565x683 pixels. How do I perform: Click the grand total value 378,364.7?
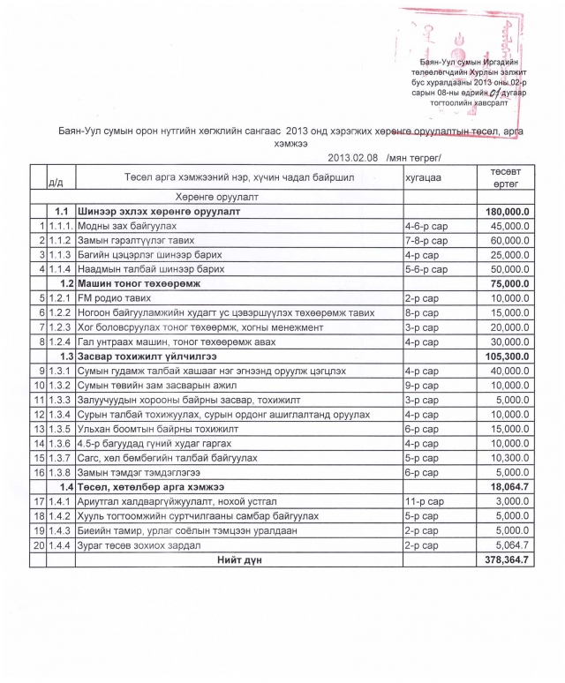coord(506,559)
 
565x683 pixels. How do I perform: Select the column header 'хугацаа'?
coord(421,179)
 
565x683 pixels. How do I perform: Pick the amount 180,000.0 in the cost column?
coord(507,213)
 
